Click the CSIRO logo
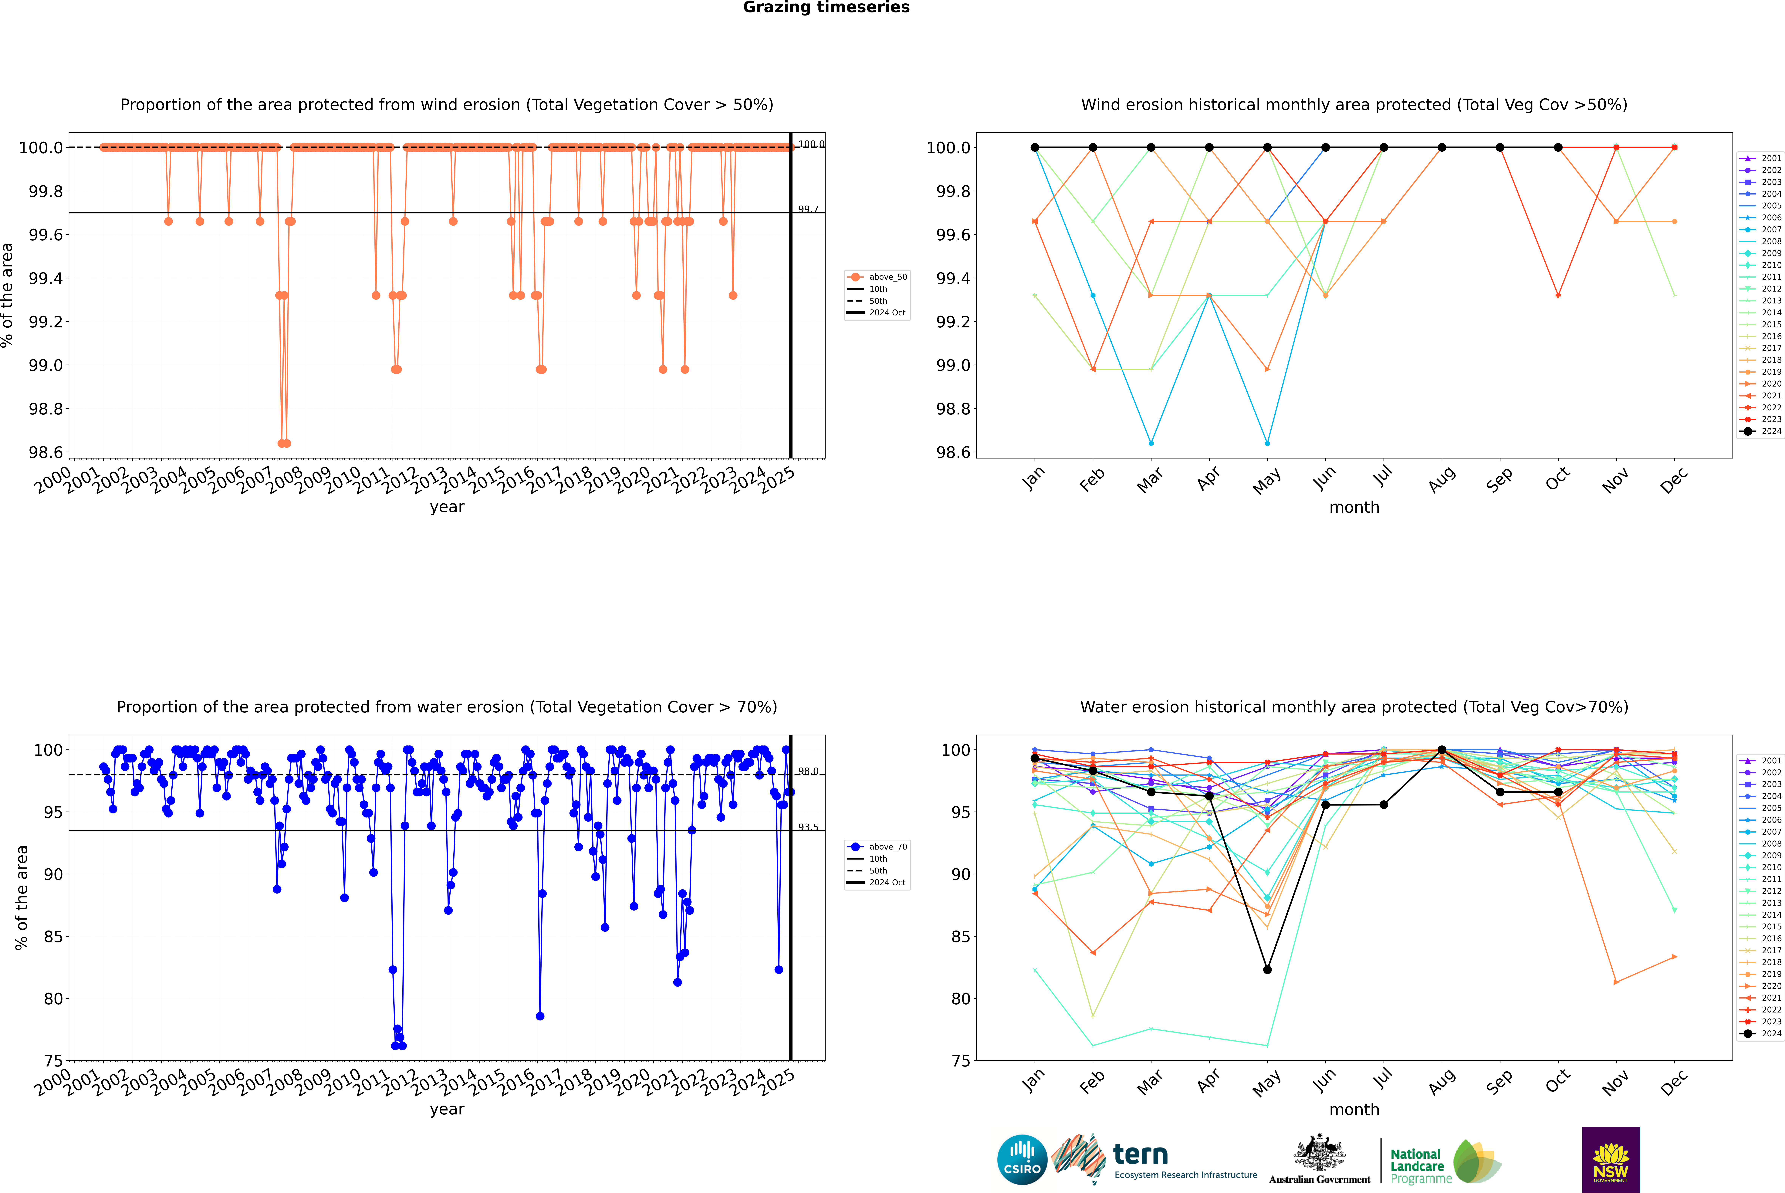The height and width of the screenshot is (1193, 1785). [x=1022, y=1160]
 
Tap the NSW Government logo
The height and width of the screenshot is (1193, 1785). [x=1611, y=1160]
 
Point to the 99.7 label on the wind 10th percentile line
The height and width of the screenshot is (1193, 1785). [x=808, y=209]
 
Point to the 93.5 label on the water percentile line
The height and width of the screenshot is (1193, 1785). [x=808, y=827]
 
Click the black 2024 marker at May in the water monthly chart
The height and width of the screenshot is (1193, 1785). [x=1267, y=969]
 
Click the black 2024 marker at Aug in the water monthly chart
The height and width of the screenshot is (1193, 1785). [x=1442, y=750]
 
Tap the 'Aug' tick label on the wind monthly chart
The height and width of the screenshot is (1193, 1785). [x=1442, y=479]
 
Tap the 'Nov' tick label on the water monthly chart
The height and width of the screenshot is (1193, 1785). [x=1615, y=1082]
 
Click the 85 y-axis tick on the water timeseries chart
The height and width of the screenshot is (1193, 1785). [x=53, y=937]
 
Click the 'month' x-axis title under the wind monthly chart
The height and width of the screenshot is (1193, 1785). [x=1354, y=508]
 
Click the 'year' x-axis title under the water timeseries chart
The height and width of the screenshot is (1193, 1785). [x=447, y=1109]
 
